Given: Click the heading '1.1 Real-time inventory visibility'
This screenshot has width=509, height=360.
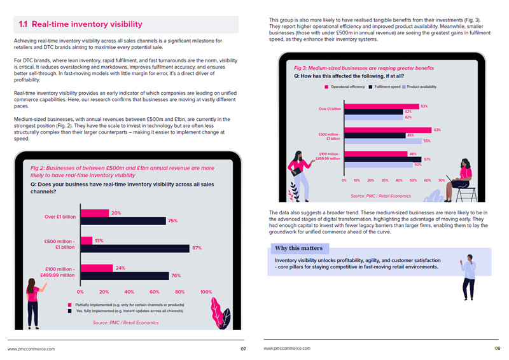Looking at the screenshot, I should pyautogui.click(x=81, y=24).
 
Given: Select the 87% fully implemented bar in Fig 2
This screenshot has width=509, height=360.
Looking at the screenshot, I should pyautogui.click(x=134, y=248).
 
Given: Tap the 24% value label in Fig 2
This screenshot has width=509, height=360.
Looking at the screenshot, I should pyautogui.click(x=120, y=268).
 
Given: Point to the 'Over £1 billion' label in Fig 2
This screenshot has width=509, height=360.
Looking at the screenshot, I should pyautogui.click(x=60, y=217).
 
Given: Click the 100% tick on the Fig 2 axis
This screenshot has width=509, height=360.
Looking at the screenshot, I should pyautogui.click(x=206, y=292).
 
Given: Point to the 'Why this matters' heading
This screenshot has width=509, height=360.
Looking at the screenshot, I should pyautogui.click(x=298, y=248).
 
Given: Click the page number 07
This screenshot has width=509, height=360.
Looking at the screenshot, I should pyautogui.click(x=243, y=349).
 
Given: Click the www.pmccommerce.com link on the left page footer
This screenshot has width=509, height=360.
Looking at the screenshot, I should pyautogui.click(x=31, y=349).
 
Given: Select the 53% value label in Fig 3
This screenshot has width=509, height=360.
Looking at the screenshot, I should pyautogui.click(x=424, y=106).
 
